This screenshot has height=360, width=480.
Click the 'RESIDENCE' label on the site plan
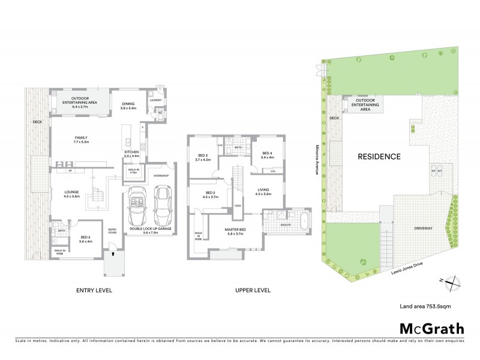379,157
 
